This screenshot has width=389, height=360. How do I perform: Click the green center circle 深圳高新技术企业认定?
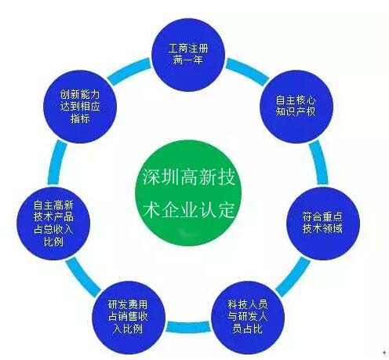(x=188, y=193)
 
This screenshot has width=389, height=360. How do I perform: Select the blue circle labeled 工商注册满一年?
(x=188, y=55)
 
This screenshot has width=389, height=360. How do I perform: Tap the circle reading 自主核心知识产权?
(x=296, y=107)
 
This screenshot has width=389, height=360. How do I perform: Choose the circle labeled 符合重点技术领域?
(x=323, y=224)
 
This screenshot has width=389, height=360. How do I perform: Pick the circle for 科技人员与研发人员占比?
(x=248, y=318)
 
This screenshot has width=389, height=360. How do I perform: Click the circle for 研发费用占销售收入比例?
(x=129, y=318)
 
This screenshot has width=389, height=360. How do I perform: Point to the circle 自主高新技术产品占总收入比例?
(x=53, y=224)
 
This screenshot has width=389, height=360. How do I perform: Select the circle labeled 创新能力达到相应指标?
(x=80, y=107)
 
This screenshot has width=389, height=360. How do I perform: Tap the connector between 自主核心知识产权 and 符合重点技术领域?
(x=318, y=162)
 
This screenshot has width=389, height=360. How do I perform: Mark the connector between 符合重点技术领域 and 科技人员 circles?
(x=293, y=276)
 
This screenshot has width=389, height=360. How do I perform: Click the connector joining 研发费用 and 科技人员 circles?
(x=188, y=327)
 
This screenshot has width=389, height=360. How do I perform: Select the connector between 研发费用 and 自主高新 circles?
(x=83, y=276)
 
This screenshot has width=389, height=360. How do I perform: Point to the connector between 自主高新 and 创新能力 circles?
(x=57, y=162)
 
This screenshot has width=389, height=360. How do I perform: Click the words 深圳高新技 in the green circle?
(x=189, y=177)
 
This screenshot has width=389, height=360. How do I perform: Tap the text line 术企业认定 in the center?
(x=189, y=209)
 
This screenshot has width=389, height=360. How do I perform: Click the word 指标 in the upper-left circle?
(x=80, y=118)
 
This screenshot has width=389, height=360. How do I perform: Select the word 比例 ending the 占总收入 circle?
(x=53, y=242)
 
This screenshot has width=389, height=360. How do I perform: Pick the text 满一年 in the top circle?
(x=188, y=60)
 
